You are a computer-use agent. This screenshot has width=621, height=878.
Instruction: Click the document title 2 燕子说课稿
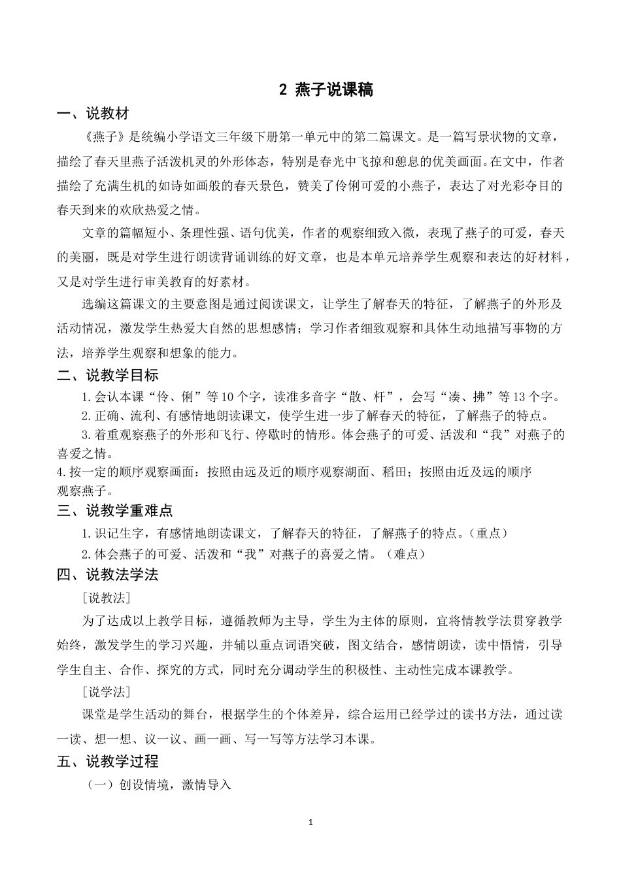coord(326,90)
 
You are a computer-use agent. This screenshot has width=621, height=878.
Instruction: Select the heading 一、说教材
coord(93,114)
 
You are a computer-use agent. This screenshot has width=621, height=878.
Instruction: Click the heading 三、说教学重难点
coord(114,511)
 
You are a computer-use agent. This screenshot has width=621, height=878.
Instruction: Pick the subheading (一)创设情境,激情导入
coord(159,785)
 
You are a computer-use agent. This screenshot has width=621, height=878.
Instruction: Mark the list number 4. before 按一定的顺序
coord(61,472)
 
